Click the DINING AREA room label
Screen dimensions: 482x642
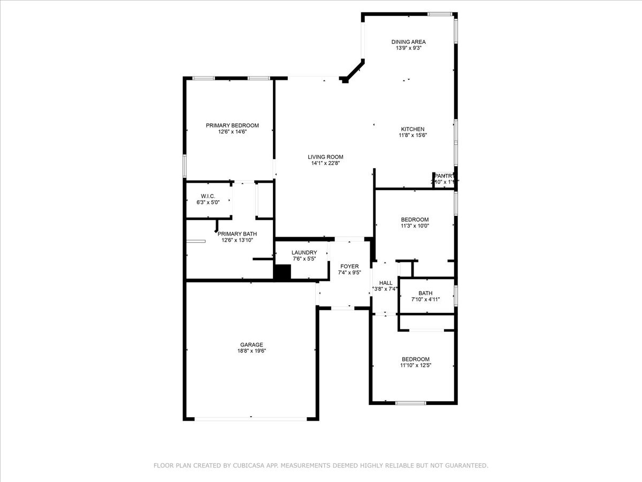pos(408,42)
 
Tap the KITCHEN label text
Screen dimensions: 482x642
pos(412,129)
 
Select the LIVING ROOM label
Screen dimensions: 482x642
pos(325,157)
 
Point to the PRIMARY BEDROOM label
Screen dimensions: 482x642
pos(232,125)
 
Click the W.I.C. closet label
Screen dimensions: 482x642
pos(208,197)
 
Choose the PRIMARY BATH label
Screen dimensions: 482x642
pos(237,234)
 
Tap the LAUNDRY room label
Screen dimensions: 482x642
pos(304,253)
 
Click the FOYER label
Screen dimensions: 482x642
pos(349,266)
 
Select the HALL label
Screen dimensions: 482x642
pos(386,283)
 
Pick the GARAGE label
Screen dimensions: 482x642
pos(251,344)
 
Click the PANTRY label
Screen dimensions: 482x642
pos(444,176)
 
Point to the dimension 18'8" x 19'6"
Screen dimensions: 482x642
pos(251,351)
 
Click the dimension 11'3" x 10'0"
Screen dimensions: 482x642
pos(415,226)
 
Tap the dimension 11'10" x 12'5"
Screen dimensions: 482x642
pos(415,366)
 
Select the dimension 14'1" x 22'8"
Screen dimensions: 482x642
pos(325,163)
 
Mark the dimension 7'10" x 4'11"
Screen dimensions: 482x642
pos(425,299)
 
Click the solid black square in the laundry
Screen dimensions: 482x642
pos(282,272)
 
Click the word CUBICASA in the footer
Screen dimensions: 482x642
pos(253,466)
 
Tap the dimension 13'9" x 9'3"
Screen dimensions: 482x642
pos(408,48)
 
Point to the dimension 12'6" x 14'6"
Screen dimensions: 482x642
pos(232,132)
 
